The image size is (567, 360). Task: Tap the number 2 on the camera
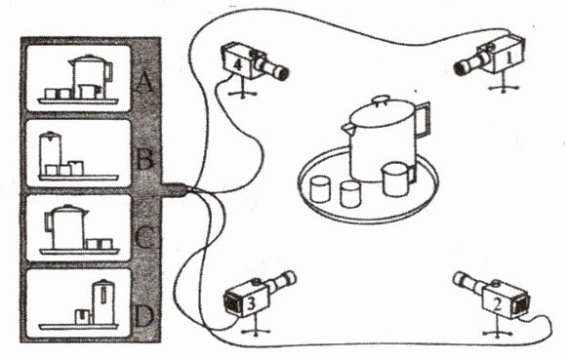coord(498,305)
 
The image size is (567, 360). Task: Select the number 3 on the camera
coord(252,303)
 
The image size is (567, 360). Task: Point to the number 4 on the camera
coord(237,64)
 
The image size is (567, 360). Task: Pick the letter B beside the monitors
coord(144,160)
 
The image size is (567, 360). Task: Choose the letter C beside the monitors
coord(144,237)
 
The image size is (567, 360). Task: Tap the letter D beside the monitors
coord(143,316)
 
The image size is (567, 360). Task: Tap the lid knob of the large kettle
coord(380,100)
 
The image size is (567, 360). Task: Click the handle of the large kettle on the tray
coord(424,120)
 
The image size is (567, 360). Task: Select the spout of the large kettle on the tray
coord(346,127)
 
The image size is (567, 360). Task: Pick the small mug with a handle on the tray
coord(397,179)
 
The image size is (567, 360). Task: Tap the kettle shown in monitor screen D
coord(103,301)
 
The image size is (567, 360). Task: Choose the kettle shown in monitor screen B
coord(51,152)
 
